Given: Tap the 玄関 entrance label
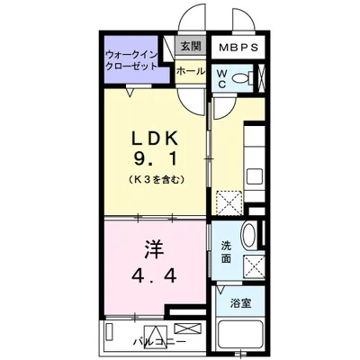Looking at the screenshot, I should (189, 47).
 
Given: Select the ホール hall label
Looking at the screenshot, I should (189, 70).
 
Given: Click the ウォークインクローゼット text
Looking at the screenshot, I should (131, 61).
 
